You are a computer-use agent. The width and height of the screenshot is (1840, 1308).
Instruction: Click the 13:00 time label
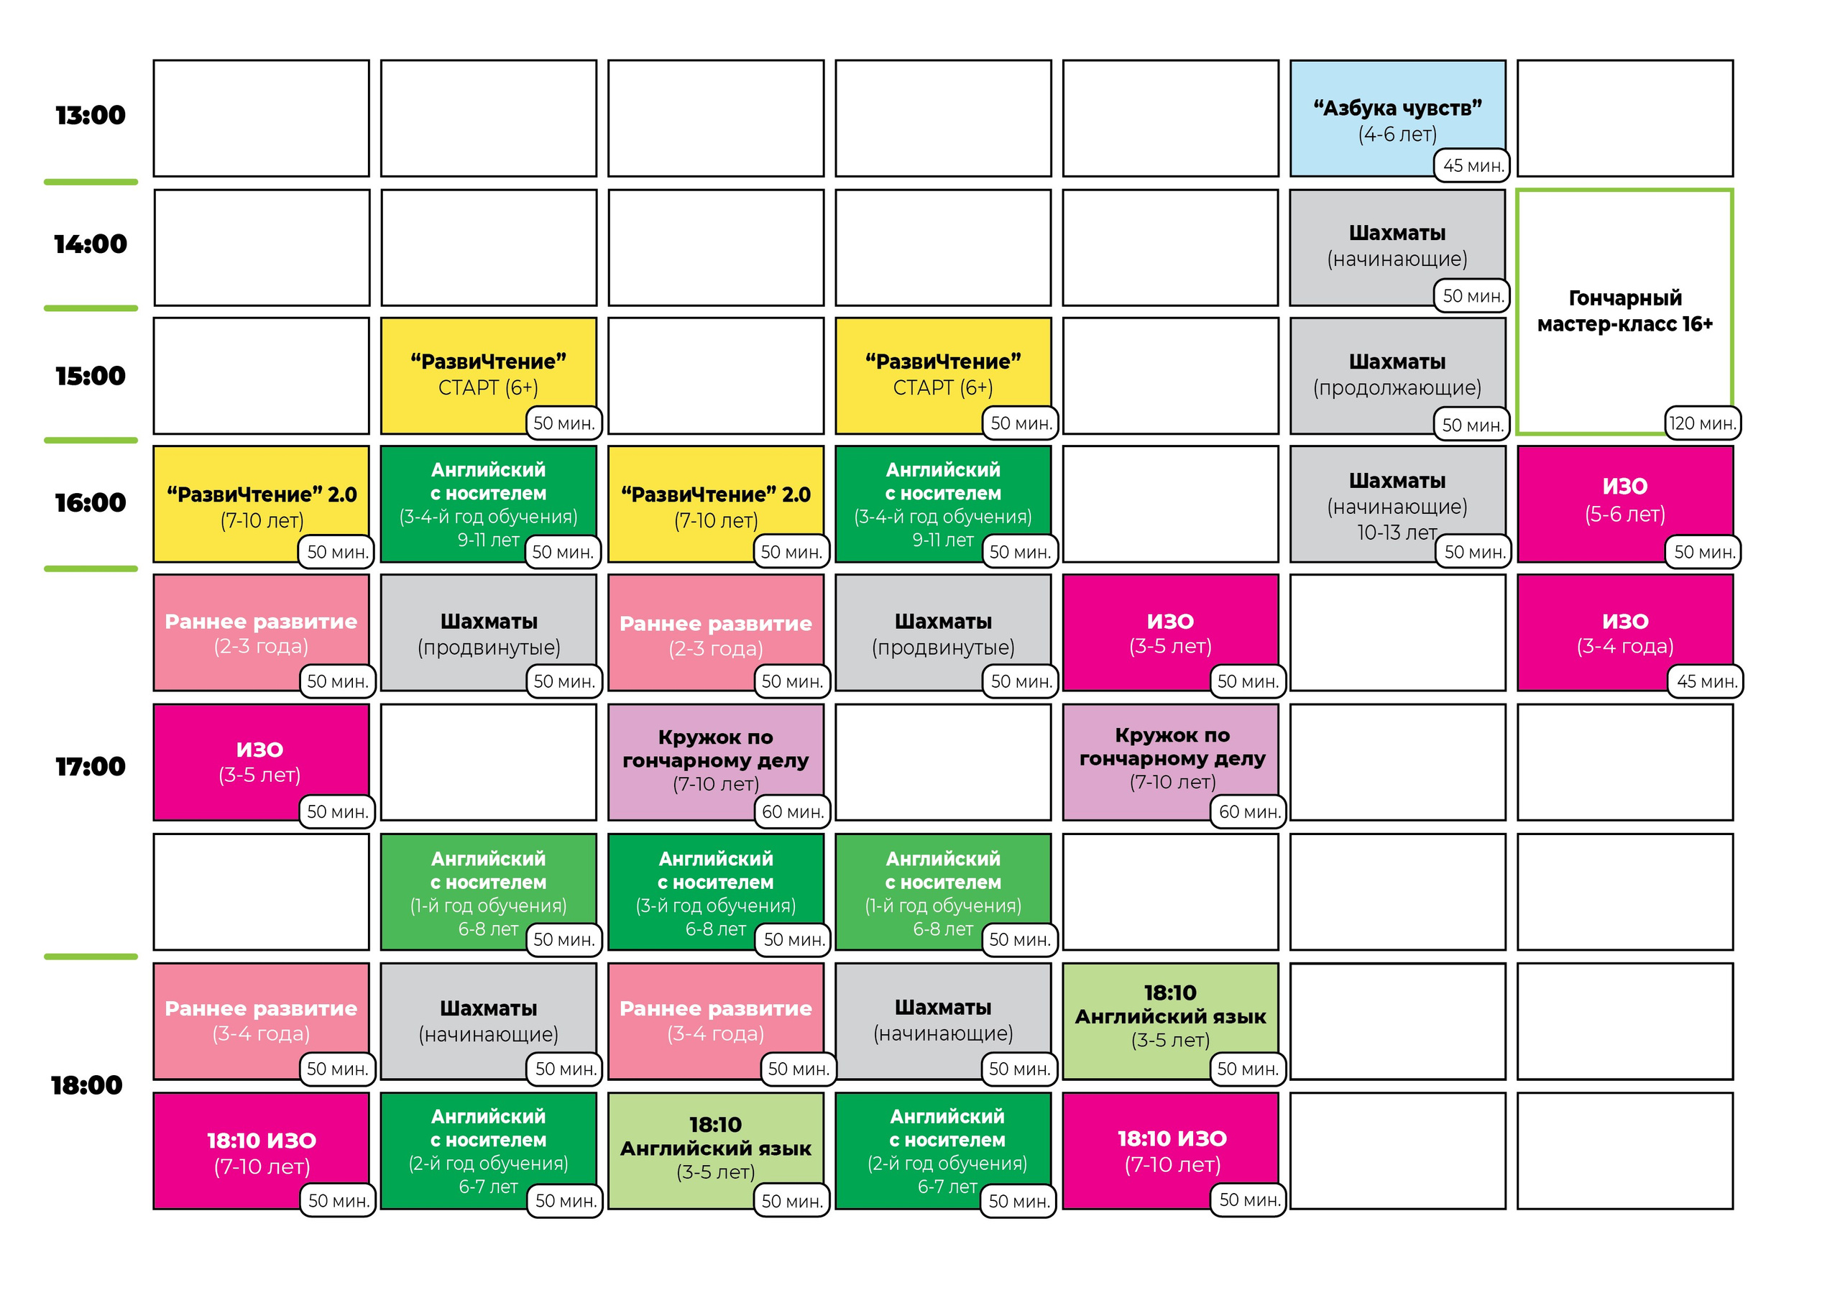90,115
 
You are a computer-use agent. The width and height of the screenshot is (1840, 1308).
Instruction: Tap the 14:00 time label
90,244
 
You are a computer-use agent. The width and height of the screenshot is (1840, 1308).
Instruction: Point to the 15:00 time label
90,375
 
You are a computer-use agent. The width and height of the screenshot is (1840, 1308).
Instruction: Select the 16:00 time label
90,502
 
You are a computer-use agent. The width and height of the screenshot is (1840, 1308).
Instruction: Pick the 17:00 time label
90,766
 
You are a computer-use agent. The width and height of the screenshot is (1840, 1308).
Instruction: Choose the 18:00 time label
86,1085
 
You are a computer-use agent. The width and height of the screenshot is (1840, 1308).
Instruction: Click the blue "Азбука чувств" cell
1397,119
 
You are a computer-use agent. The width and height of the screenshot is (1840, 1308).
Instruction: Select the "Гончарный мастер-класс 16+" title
1624,311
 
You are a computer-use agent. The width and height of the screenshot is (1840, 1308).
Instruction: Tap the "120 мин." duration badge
1702,423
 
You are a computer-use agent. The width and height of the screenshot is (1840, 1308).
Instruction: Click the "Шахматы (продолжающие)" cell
1397,376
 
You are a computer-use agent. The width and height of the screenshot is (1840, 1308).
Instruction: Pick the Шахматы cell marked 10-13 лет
1397,505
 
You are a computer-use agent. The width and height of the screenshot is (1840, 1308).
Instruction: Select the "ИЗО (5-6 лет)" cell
1625,505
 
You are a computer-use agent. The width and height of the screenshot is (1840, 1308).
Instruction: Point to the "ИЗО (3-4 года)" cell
1625,632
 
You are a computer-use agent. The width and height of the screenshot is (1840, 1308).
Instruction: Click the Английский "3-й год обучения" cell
716,892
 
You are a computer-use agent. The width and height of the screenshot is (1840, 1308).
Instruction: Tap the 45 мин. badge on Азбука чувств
1473,165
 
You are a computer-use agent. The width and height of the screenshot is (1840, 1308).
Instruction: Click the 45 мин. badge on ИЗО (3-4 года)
1706,681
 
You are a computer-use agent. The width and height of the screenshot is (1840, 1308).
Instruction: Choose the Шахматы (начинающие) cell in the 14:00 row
1397,247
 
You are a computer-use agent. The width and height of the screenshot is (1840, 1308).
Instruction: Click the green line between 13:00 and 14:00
91,182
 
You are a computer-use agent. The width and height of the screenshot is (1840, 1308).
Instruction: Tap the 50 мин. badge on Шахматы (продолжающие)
1473,425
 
